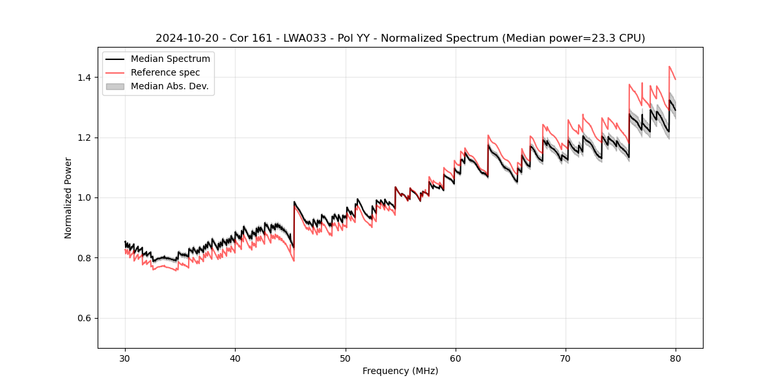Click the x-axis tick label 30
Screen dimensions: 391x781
(x=125, y=358)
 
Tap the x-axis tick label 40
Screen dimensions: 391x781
(x=235, y=358)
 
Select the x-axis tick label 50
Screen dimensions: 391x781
(x=346, y=358)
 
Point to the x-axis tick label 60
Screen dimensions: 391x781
(x=456, y=358)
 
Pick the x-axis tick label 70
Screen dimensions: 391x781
(x=566, y=358)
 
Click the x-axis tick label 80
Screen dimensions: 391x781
(x=676, y=358)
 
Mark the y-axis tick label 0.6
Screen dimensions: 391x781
(x=85, y=318)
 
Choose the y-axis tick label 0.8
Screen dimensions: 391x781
(x=85, y=258)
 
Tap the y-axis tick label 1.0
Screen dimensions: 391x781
(x=85, y=197)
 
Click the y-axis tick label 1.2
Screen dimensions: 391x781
(x=85, y=138)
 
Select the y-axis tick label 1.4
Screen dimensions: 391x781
(x=85, y=78)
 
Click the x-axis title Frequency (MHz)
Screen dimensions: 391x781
(x=400, y=371)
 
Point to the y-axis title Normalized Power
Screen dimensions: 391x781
(x=68, y=197)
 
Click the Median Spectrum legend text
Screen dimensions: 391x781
(x=170, y=59)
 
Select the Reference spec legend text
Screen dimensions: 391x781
(x=165, y=72)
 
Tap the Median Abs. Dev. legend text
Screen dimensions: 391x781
(x=169, y=86)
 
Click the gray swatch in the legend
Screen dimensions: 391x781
(x=115, y=86)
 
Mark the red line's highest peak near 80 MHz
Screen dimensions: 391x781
(x=669, y=66)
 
